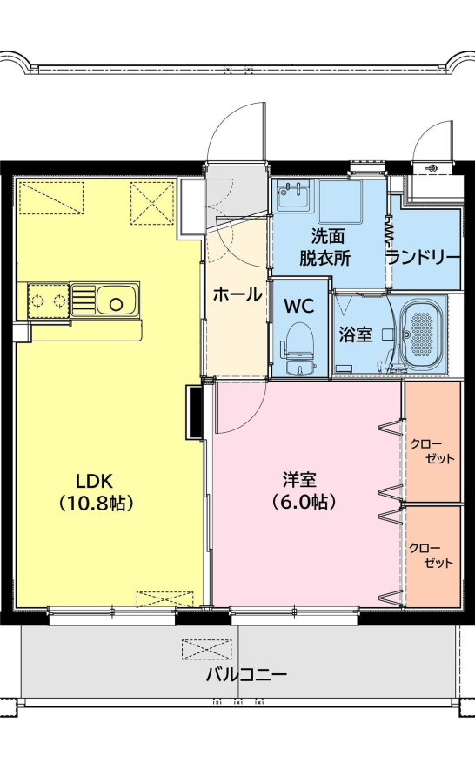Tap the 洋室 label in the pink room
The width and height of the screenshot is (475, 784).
(x=299, y=481)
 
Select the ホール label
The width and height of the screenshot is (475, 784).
(x=237, y=295)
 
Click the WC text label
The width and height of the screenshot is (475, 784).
(x=298, y=306)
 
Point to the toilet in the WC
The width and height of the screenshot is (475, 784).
(x=299, y=348)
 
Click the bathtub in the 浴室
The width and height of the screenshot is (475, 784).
(x=423, y=333)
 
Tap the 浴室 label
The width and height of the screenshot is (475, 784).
(x=356, y=335)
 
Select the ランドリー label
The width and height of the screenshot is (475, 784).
(x=424, y=258)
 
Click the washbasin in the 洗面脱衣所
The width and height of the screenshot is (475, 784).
(x=294, y=196)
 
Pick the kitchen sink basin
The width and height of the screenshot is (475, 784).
(x=117, y=302)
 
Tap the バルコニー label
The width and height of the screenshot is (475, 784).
(x=247, y=675)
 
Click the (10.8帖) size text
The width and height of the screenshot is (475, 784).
(x=96, y=503)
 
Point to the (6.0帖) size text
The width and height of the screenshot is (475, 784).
(x=303, y=502)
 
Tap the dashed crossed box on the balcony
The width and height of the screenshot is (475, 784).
(x=206, y=649)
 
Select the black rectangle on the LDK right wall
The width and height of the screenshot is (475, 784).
(x=194, y=413)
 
